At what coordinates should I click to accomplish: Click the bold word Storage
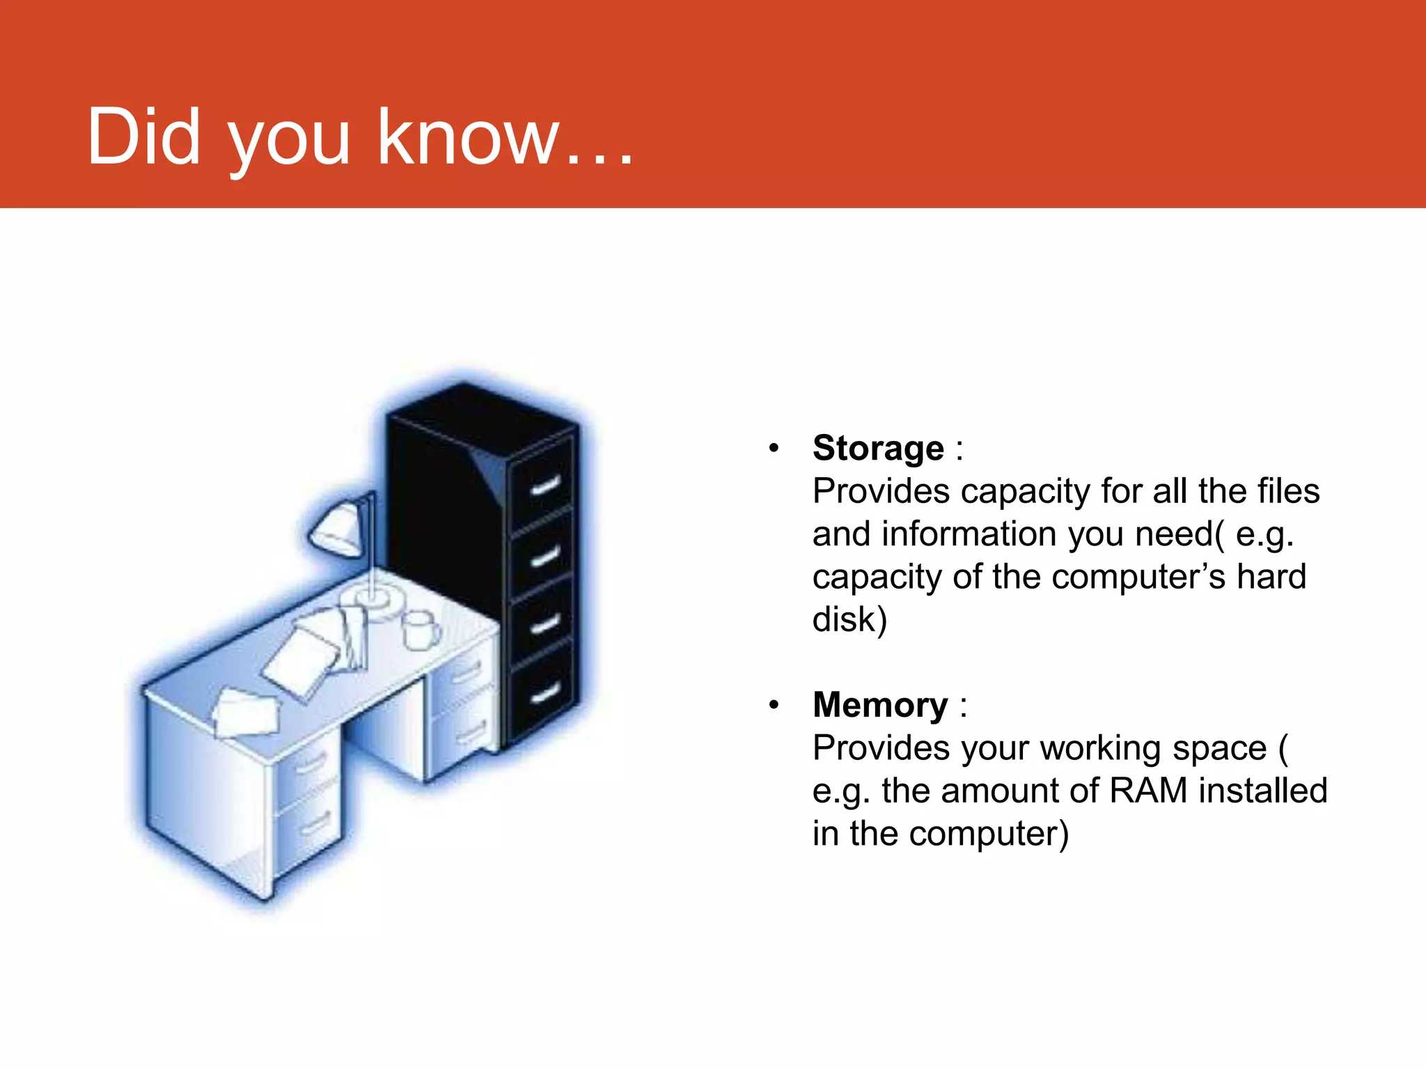pyautogui.click(x=878, y=448)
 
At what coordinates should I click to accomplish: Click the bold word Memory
pyautogui.click(x=880, y=705)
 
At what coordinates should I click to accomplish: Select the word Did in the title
pyautogui.click(x=143, y=137)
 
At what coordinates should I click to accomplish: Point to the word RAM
pyautogui.click(x=1148, y=791)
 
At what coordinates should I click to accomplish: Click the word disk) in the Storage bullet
pyautogui.click(x=849, y=619)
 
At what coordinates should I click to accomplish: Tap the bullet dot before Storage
pyautogui.click(x=774, y=448)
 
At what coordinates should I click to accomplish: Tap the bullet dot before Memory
pyautogui.click(x=774, y=706)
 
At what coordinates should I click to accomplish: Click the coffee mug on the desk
pyautogui.click(x=420, y=630)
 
